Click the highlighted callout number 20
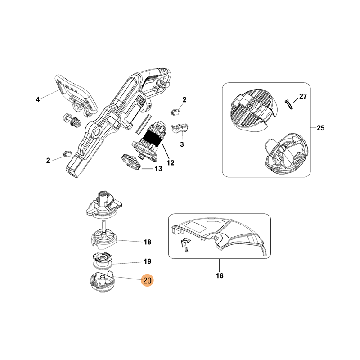pyautogui.click(x=148, y=280)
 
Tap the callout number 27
pyautogui.click(x=303, y=96)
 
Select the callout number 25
pyautogui.click(x=320, y=128)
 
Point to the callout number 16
pyautogui.click(x=220, y=275)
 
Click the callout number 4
pyautogui.click(x=38, y=99)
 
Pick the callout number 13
pyautogui.click(x=158, y=169)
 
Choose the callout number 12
pyautogui.click(x=171, y=163)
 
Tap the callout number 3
pyautogui.click(x=182, y=144)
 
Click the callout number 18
pyautogui.click(x=148, y=242)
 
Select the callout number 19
pyautogui.click(x=148, y=261)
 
